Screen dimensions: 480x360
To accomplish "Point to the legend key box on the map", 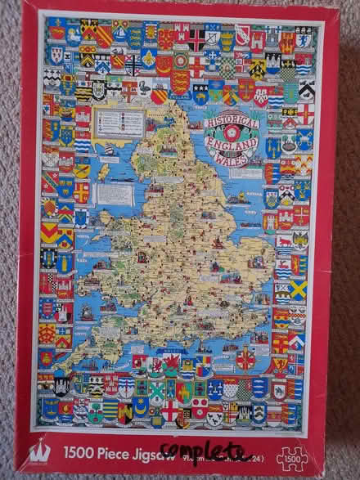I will click(x=118, y=123).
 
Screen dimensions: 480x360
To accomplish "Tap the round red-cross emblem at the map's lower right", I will click(x=246, y=359).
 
